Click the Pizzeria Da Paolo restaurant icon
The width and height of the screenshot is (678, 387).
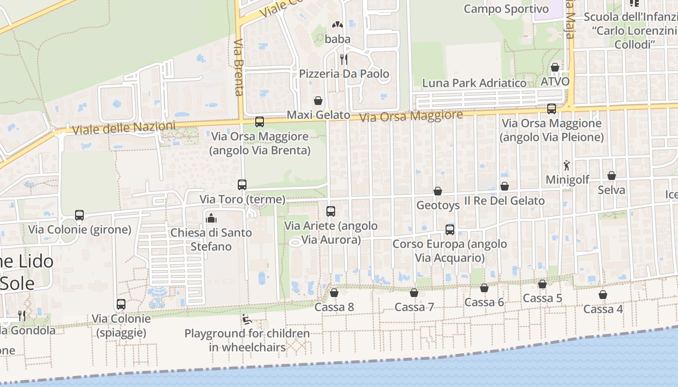pyautogui.click(x=344, y=60)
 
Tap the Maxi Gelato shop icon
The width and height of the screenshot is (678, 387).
pyautogui.click(x=318, y=101)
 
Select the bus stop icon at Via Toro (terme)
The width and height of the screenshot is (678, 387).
pyautogui.click(x=242, y=184)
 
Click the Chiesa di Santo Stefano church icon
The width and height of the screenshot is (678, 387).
pyautogui.click(x=211, y=218)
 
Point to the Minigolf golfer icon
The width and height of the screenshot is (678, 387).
pyautogui.click(x=567, y=165)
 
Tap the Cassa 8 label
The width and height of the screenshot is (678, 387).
pyautogui.click(x=334, y=307)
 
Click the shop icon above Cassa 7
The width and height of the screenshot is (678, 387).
pyautogui.click(x=414, y=293)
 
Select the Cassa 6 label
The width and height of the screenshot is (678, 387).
pyautogui.click(x=484, y=302)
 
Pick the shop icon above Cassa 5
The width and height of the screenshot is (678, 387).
pyautogui.click(x=542, y=284)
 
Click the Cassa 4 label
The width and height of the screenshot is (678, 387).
pyautogui.click(x=603, y=309)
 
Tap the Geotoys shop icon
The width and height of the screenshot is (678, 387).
pyautogui.click(x=438, y=191)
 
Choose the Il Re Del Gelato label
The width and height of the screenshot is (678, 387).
pyautogui.click(x=505, y=200)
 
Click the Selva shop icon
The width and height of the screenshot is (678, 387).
pyautogui.click(x=612, y=176)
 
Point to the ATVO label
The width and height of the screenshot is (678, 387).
pyautogui.click(x=555, y=81)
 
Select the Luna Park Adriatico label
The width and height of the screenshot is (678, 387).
pyautogui.click(x=474, y=83)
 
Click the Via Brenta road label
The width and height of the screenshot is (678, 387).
pyautogui.click(x=238, y=68)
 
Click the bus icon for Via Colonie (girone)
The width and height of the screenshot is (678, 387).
pyautogui.click(x=79, y=215)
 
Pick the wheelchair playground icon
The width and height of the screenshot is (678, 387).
pyautogui.click(x=247, y=319)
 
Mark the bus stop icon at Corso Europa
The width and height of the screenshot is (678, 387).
pyautogui.click(x=450, y=229)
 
